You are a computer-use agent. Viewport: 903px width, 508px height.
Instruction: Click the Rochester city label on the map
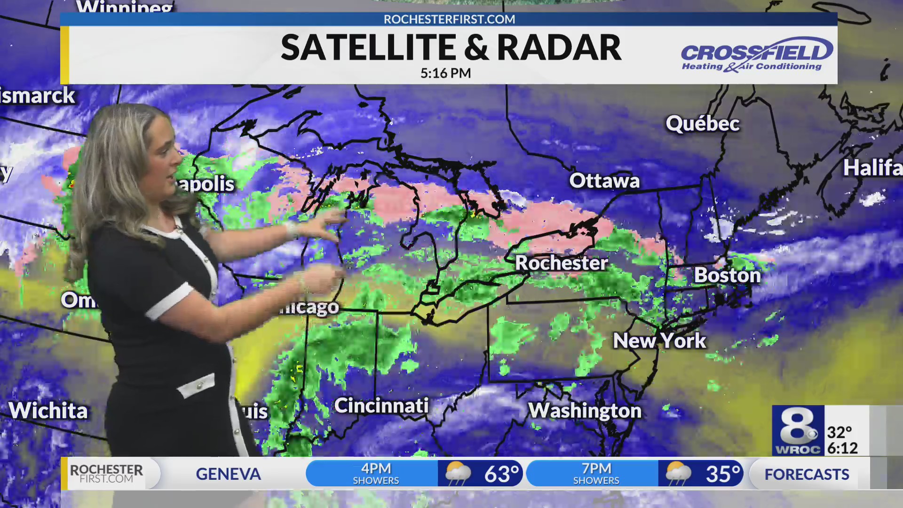pos(562,263)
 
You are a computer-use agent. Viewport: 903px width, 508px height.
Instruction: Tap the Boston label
pos(727,275)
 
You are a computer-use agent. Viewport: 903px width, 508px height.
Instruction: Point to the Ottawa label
pos(604,181)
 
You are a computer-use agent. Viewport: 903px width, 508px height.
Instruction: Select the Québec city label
pos(703,124)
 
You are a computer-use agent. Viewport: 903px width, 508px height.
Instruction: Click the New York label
pos(659,341)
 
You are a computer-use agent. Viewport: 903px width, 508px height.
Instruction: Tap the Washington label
pos(585,411)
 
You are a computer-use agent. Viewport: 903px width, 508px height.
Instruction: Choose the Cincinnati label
pos(381,405)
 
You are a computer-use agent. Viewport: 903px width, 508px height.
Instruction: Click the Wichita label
pos(48,411)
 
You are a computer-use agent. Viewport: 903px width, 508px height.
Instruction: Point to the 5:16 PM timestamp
pos(445,73)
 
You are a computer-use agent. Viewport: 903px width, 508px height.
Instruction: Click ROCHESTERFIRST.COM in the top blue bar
pos(449,19)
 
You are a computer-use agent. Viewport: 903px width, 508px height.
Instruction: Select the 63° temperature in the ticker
pos(501,474)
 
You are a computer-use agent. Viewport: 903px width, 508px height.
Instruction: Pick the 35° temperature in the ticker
pos(722,474)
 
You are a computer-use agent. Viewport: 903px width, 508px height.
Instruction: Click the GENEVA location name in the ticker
pos(228,474)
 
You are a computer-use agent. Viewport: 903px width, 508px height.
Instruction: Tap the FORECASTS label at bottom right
pos(807,474)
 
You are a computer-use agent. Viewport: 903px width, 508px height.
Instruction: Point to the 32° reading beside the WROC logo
pos(840,432)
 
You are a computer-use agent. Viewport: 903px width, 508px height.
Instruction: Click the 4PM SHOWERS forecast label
pos(376,474)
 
